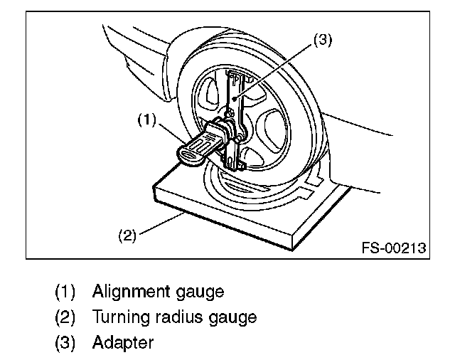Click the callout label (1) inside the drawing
pyautogui.click(x=146, y=120)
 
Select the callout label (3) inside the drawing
pyautogui.click(x=323, y=41)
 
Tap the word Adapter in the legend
pyautogui.click(x=122, y=342)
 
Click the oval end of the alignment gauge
pyautogui.click(x=191, y=154)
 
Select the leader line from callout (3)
pyautogui.click(x=277, y=68)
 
